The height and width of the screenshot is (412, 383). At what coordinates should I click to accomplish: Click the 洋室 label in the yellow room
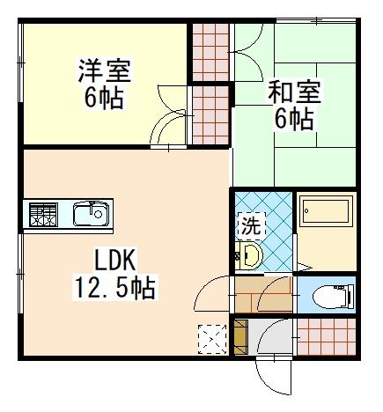pos(105,70)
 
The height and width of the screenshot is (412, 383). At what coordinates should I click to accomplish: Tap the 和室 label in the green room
pos(295,92)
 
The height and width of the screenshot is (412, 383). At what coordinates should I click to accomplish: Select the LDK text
pos(114,260)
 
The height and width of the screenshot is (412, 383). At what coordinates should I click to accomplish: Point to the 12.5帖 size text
pos(114,287)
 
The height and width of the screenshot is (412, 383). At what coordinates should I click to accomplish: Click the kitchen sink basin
pos(91,214)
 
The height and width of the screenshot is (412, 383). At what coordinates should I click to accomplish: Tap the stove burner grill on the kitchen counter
pos(43,215)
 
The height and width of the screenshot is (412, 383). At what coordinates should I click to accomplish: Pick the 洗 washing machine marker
pos(251,225)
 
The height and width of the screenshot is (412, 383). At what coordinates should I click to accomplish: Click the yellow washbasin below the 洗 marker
pos(248,255)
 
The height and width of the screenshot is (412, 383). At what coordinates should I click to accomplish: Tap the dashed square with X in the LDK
pos(212,339)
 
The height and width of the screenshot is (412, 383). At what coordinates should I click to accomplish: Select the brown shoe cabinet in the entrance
pos(241,337)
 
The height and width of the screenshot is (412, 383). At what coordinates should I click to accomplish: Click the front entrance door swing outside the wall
pos(274,378)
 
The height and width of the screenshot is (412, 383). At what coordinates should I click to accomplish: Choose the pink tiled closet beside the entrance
pos(327,336)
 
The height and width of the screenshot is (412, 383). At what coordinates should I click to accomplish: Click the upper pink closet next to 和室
pos(210,52)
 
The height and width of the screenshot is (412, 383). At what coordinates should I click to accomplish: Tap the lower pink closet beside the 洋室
pos(210,115)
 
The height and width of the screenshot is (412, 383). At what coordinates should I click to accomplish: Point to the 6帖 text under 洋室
pos(104,99)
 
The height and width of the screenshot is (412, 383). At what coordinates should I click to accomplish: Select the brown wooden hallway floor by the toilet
pos(263,294)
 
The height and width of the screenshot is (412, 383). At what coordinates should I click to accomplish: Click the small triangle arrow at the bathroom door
pos(304,267)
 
